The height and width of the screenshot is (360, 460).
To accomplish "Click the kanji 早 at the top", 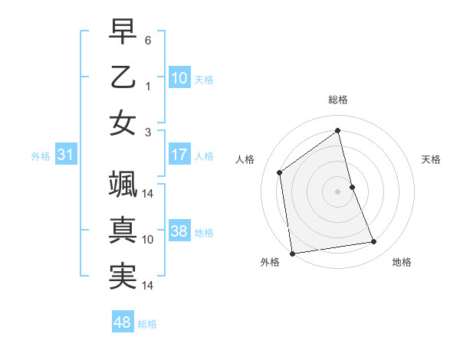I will pos(123,34).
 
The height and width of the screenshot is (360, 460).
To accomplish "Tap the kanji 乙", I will pos(123,77).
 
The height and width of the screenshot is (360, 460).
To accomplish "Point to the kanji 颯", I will pos(123,187).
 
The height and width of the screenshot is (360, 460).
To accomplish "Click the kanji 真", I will pos(123,231).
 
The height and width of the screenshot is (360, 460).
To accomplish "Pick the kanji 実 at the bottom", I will pos(123,277).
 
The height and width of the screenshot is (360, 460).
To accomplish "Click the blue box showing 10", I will pos(179,78).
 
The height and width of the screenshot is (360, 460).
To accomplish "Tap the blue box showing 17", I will pos(179,155).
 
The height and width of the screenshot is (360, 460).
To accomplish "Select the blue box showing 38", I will pos(179,231).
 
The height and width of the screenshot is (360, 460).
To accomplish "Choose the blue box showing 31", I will pos(66,155).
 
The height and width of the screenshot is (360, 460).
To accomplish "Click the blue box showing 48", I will pos(123,322).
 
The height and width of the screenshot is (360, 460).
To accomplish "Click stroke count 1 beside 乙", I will pos(148,86).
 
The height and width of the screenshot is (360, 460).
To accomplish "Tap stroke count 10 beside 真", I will pos(148,239).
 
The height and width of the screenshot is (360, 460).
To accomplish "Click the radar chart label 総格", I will pos(338,100).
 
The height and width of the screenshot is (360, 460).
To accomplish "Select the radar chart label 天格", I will pos(431,159).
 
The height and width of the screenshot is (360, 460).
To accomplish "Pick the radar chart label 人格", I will pos(245,159).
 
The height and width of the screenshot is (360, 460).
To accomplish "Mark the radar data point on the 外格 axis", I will pos(291,253).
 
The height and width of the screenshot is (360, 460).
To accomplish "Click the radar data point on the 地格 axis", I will pos(374,242).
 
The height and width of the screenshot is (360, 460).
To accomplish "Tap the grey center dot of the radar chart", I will pos(338,191).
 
